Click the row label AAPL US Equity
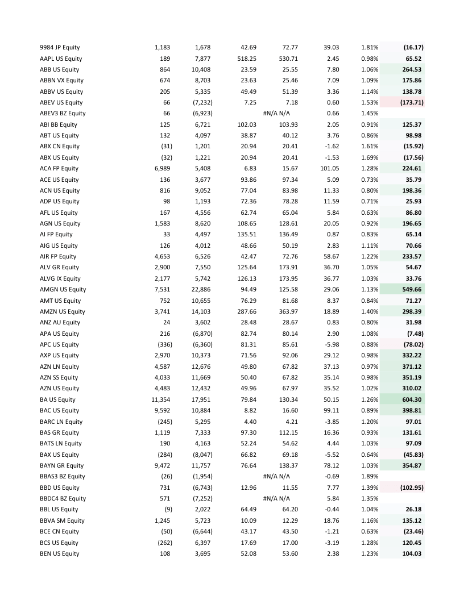click(x=61, y=59)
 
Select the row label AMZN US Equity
click(x=63, y=311)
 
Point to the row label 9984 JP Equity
click(x=60, y=47)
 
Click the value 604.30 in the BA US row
click(x=411, y=399)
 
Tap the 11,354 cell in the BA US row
click(x=160, y=399)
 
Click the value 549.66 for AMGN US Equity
click(x=411, y=289)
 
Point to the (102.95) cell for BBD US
click(x=409, y=488)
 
